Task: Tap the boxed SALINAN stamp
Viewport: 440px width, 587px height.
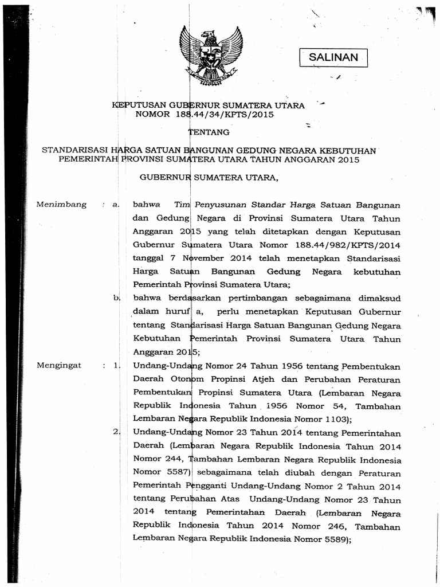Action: pos(333,57)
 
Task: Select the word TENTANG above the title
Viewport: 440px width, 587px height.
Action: pos(209,132)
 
